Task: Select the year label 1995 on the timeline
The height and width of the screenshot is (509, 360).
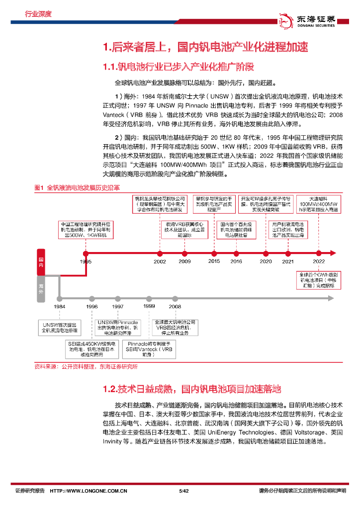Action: [86, 261]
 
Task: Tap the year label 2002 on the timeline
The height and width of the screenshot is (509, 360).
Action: [160, 261]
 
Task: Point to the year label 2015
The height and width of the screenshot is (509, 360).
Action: [214, 261]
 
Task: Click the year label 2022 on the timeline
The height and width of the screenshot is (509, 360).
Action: [319, 261]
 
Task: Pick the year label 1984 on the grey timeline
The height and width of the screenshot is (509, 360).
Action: [60, 307]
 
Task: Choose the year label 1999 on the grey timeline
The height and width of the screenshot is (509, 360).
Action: [149, 306]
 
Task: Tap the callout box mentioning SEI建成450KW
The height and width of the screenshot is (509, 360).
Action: [92, 349]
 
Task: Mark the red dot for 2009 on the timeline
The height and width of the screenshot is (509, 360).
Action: [184, 253]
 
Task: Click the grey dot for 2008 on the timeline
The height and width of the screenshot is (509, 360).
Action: [175, 298]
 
